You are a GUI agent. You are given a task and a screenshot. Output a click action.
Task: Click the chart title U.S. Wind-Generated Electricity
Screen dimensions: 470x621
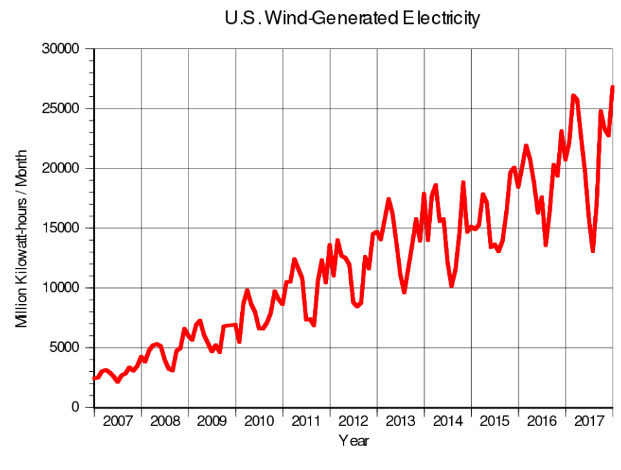pyautogui.click(x=352, y=19)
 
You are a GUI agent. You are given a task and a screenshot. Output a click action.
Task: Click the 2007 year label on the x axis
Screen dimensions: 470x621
pyautogui.click(x=117, y=422)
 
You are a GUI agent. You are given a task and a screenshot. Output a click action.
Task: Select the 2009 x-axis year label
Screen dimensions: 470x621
pyautogui.click(x=212, y=422)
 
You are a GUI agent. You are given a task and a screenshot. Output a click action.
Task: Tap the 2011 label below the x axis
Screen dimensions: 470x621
pyautogui.click(x=306, y=422)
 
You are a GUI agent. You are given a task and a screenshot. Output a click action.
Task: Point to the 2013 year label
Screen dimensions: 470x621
pyautogui.click(x=400, y=422)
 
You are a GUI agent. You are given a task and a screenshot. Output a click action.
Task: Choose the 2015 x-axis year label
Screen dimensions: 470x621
pyautogui.click(x=494, y=422)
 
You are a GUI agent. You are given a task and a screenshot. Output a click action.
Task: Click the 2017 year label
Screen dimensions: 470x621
pyautogui.click(x=589, y=422)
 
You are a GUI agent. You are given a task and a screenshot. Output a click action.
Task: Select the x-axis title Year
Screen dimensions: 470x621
pyautogui.click(x=354, y=442)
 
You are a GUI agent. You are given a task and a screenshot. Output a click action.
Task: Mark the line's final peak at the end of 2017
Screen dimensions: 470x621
pyautogui.click(x=612, y=87)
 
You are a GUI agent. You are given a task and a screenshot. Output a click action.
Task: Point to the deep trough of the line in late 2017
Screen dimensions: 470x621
pyautogui.click(x=593, y=251)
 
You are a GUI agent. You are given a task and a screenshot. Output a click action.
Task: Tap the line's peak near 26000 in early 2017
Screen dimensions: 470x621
pyautogui.click(x=573, y=96)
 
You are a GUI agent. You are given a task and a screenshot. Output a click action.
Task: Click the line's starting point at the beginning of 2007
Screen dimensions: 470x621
pyautogui.click(x=94, y=378)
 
